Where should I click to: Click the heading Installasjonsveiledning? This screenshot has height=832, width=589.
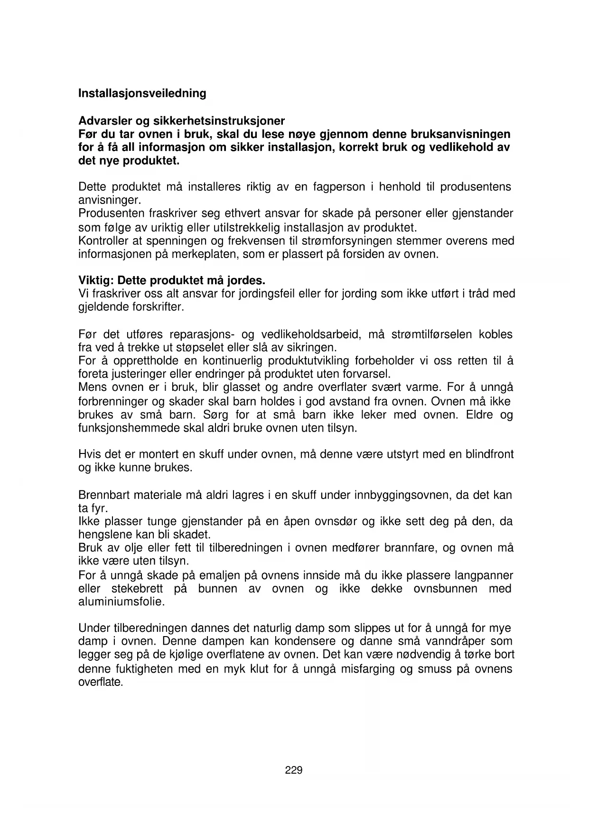pos(142,93)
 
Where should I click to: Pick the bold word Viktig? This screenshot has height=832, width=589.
pos(95,280)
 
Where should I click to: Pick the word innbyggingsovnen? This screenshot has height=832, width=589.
pos(402,495)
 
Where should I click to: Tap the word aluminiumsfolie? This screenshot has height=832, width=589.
pos(121,602)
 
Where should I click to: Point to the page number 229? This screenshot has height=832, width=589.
pos(294,770)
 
